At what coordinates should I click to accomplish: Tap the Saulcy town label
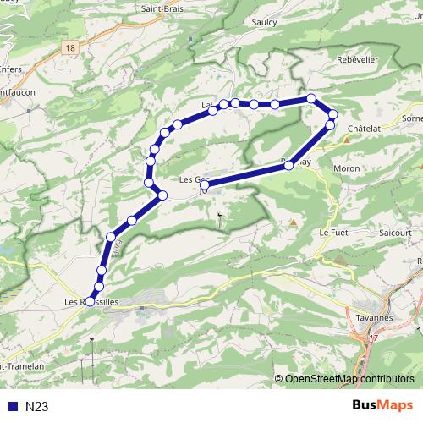click(x=265, y=22)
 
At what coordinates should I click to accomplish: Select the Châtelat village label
click(x=365, y=128)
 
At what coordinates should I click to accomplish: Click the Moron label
click(x=347, y=168)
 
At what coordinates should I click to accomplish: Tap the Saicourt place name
click(x=395, y=230)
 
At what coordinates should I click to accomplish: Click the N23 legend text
click(x=36, y=407)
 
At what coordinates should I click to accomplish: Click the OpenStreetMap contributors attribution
click(x=349, y=379)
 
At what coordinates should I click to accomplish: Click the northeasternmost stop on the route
click(x=332, y=114)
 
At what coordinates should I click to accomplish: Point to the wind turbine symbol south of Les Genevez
click(x=219, y=217)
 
